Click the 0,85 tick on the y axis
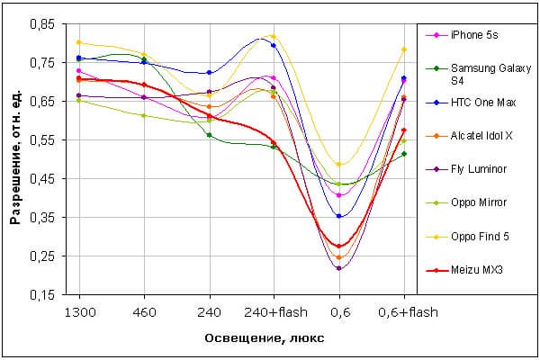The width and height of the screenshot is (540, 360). tap(41, 24)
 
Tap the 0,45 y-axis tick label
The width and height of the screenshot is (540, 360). tap(41, 179)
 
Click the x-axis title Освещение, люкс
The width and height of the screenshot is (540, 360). tap(241, 337)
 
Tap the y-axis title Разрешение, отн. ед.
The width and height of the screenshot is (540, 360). tap(15, 159)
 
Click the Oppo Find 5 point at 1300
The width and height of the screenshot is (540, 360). tap(79, 42)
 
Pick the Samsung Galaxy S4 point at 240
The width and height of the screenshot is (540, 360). tap(209, 135)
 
